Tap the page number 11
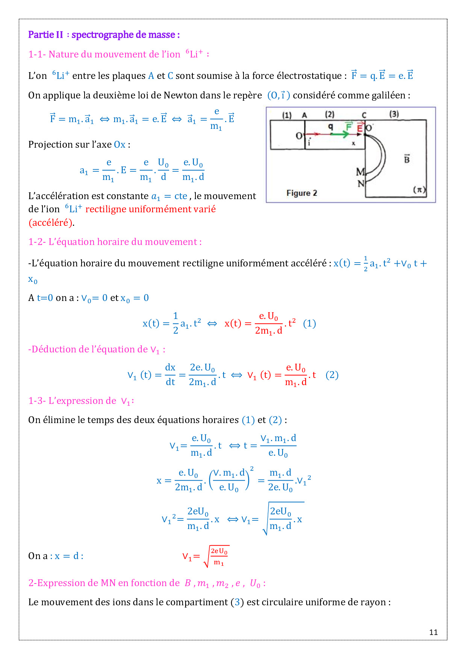click(x=433, y=632)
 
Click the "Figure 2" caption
click(x=302, y=193)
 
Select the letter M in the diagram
click(x=360, y=172)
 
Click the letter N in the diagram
click(x=361, y=183)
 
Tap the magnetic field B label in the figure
click(x=407, y=159)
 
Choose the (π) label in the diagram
click(x=419, y=189)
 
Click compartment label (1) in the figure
click(x=287, y=115)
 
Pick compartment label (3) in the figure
click(x=394, y=114)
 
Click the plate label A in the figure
click(x=304, y=115)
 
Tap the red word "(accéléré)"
click(x=50, y=223)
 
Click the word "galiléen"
click(x=389, y=95)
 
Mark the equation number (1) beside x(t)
click(x=309, y=323)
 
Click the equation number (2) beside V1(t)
click(x=332, y=375)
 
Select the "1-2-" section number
click(x=37, y=242)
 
